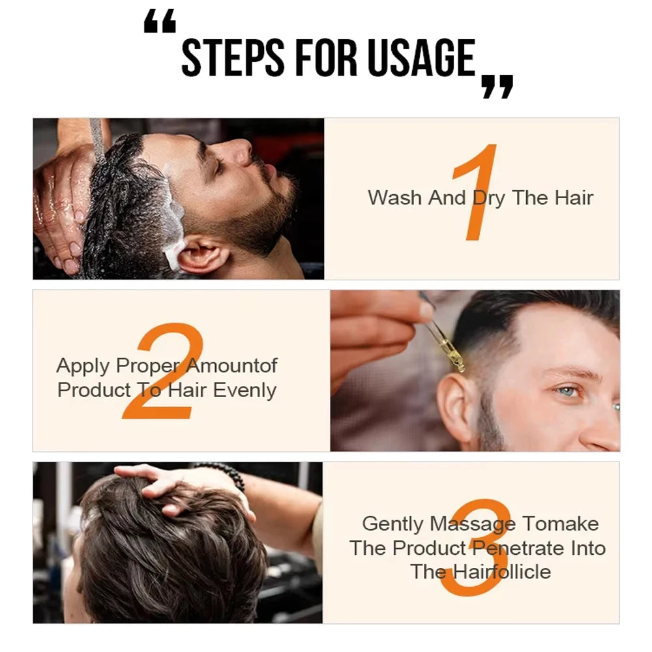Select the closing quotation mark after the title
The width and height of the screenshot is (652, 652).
[x=497, y=86]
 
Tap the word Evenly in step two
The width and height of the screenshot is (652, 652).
[x=245, y=390]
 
